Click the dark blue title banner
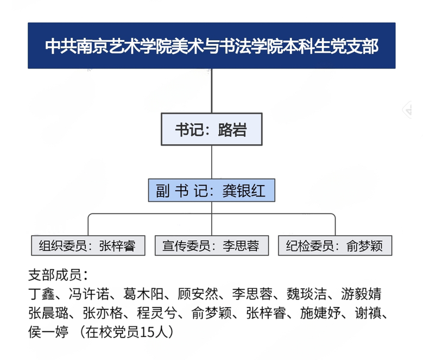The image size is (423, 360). (x=212, y=46)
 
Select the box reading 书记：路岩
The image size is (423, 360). (x=212, y=129)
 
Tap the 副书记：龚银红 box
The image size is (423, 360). (x=212, y=190)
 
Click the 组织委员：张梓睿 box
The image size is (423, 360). (x=88, y=245)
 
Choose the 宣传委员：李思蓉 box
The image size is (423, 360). (x=212, y=245)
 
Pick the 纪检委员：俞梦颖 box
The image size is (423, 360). (x=335, y=245)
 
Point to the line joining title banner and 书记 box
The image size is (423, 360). (x=212, y=91)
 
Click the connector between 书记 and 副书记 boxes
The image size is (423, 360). (x=212, y=162)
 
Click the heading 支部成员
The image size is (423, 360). (x=55, y=275)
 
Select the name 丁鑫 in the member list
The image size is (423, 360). (x=42, y=294)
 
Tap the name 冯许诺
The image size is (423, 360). (x=89, y=294)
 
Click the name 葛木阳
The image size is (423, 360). (x=143, y=294)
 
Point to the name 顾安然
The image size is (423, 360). (x=198, y=294)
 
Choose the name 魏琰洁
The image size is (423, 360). (x=307, y=294)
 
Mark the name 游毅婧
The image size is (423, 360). (x=361, y=294)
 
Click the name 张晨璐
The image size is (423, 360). (x=48, y=313)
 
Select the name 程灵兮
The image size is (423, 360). (x=157, y=313)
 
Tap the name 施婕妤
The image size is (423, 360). (x=320, y=313)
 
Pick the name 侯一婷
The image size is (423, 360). (x=48, y=332)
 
